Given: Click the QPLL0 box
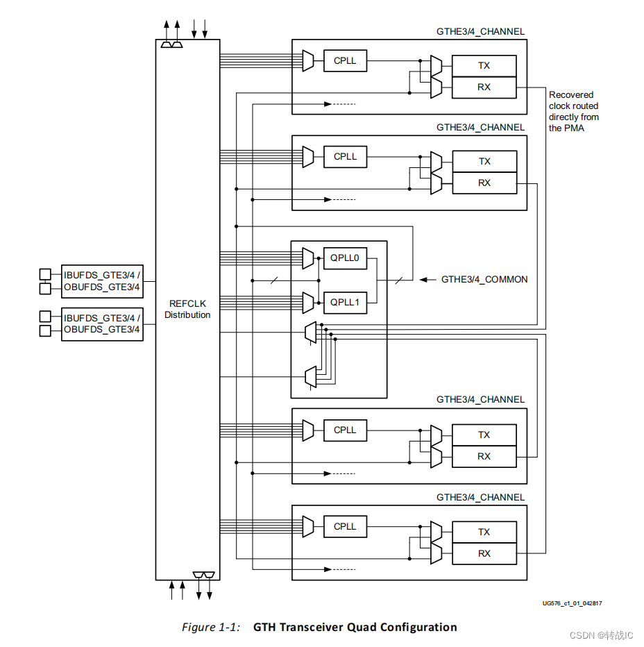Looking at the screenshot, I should (345, 258).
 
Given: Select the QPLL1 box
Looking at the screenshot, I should (345, 303).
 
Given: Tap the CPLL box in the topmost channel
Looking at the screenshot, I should (345, 61).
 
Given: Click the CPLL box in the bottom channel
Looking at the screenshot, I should (345, 527).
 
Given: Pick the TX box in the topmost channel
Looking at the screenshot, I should (484, 65).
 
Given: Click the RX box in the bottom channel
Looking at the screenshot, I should (484, 553).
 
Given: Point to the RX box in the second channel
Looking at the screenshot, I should (484, 183).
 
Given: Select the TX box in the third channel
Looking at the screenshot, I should (484, 435).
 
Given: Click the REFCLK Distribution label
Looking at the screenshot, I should (187, 309).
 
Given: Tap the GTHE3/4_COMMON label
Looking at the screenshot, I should (484, 280).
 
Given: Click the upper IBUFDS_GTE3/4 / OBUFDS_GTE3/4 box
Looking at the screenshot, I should (102, 282).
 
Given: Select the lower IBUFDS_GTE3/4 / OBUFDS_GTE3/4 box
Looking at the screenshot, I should (102, 324).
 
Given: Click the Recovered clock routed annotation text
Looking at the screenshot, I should (574, 111).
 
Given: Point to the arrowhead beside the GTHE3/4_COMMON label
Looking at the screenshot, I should (423, 280).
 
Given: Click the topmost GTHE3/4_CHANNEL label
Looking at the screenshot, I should (480, 31).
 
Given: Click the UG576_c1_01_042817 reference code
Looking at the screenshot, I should (572, 603).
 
